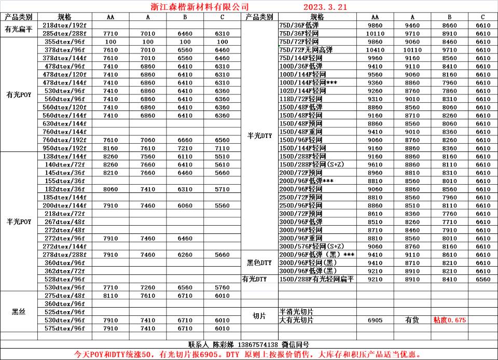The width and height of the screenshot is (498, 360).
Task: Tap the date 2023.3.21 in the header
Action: point(325,7)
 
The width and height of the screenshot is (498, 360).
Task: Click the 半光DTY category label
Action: point(259,136)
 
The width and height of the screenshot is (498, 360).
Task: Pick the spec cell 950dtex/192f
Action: point(64,148)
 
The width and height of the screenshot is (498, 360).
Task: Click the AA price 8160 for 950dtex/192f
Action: point(110,148)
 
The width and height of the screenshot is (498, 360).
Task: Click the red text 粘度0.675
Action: point(449,320)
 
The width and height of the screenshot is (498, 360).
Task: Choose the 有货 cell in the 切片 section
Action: point(412,320)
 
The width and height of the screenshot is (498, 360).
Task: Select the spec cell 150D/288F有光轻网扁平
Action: point(316,279)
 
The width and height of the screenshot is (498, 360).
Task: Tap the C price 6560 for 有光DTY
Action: point(482,279)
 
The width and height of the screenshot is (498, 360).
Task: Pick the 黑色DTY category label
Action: point(259,263)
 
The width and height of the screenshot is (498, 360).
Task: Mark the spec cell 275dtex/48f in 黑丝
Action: point(64,296)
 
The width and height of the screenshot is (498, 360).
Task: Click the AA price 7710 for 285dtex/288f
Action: point(110,33)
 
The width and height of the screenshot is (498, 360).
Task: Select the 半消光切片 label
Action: point(296,312)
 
